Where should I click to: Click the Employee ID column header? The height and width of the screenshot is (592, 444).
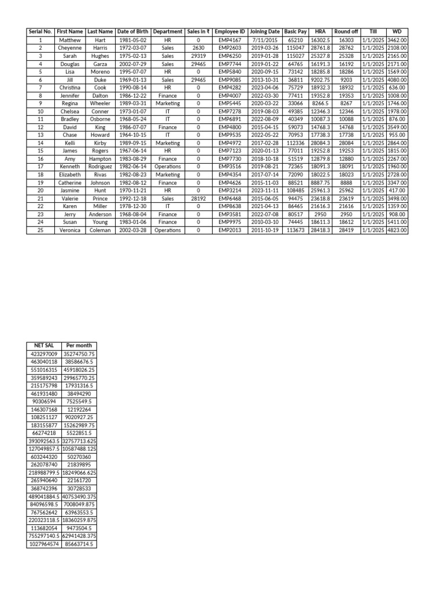point(230,32)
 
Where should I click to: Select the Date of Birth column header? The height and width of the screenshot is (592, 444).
point(132,32)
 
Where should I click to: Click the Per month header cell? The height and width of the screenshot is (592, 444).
point(79,345)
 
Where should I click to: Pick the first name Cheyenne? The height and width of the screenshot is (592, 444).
point(70,48)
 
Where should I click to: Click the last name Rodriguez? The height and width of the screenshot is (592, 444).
point(100,166)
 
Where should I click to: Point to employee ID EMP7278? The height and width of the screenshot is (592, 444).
point(230,111)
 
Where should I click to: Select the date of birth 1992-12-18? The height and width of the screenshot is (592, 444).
point(132,198)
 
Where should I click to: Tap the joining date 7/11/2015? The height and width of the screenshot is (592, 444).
point(265,40)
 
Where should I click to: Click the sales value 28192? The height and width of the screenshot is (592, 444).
point(198,198)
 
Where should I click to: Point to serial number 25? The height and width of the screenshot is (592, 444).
point(40,230)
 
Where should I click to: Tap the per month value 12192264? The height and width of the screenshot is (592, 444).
point(79,409)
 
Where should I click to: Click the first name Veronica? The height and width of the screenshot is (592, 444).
point(70,230)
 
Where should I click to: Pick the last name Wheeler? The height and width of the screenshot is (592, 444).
point(100,103)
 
